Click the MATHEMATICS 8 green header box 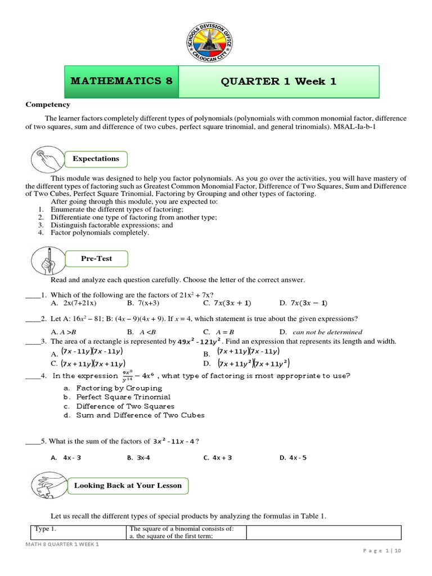click(121, 81)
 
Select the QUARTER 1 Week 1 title click(279, 81)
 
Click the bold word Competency click(48, 105)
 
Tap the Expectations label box click(96, 159)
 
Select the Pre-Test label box click(96, 259)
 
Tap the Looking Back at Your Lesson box click(128, 485)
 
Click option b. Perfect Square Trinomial click(117, 397)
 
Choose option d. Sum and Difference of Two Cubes click(134, 415)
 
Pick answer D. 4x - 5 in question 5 click(293, 458)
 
